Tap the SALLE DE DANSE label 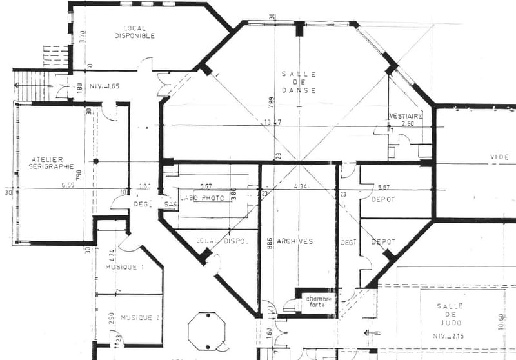click(x=299, y=82)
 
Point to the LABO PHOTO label click(x=202, y=198)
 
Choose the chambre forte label click(x=319, y=302)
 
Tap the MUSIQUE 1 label click(x=124, y=266)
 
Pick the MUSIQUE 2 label click(x=140, y=317)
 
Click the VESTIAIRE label click(x=405, y=115)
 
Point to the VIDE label click(x=499, y=157)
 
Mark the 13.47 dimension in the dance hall click(x=272, y=123)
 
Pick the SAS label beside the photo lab click(x=170, y=205)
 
